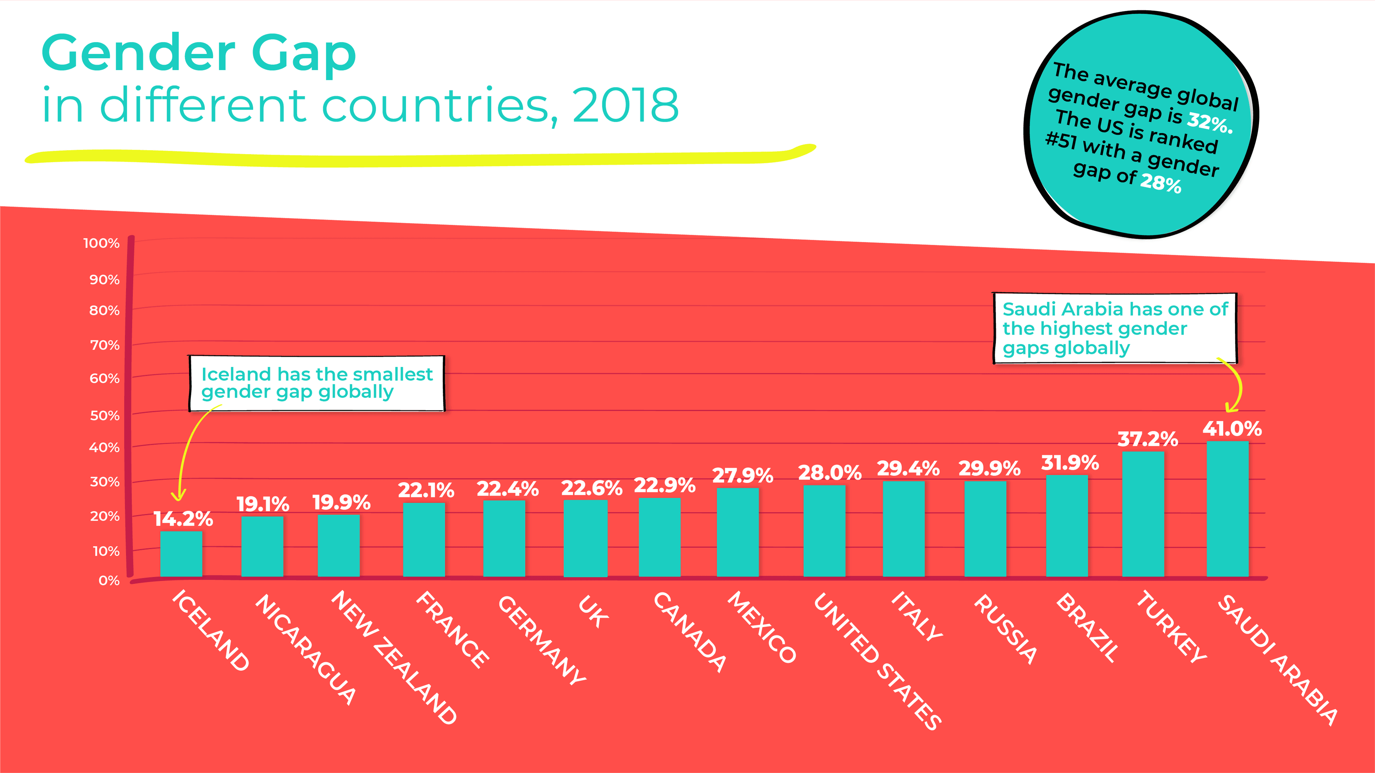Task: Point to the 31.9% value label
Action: (x=1070, y=462)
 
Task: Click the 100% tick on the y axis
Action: (x=101, y=243)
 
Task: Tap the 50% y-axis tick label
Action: (x=105, y=415)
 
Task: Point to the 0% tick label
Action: (x=109, y=580)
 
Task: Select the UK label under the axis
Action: (x=593, y=612)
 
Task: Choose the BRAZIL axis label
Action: (x=1087, y=627)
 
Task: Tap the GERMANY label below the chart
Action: (x=542, y=640)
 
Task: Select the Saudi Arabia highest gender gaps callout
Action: (x=1115, y=328)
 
